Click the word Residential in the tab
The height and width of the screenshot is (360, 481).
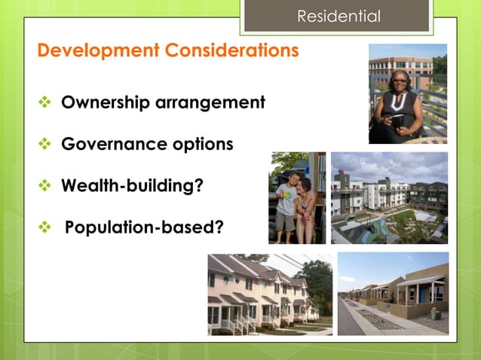pos(338,16)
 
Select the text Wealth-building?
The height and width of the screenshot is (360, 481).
pos(132,185)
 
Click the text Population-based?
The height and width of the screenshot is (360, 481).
pos(144,225)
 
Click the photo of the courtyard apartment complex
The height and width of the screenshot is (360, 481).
pos(388,197)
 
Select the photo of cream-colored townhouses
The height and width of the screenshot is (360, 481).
pos(269,294)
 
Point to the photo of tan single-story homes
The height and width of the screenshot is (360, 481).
pos(392,294)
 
